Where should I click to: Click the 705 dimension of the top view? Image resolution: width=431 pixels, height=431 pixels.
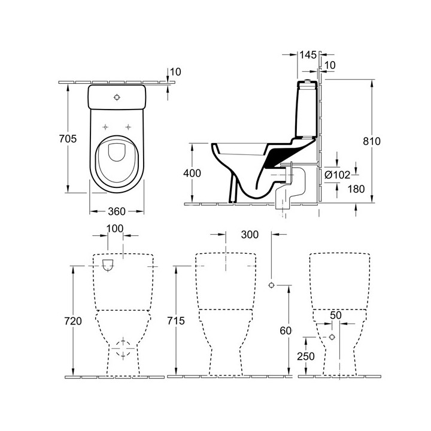coord(70,139)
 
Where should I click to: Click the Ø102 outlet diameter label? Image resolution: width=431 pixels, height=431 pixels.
coord(337,175)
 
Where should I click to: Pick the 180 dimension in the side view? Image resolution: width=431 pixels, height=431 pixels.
coord(356,189)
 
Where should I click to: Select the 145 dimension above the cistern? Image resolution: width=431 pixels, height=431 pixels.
coord(308,55)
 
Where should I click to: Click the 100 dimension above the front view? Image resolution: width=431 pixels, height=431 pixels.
coord(115,229)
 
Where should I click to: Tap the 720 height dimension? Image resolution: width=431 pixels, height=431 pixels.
coord(72,321)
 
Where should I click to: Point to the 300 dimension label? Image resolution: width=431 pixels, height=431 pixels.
coord(250,234)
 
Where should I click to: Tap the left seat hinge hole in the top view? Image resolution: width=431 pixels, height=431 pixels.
coord(105,126)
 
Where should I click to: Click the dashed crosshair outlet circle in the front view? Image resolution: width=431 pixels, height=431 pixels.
coord(124,348)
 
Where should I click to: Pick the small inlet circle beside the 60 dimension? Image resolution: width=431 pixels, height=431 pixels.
coord(272,285)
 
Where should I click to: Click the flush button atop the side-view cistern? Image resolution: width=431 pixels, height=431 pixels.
coord(308,80)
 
